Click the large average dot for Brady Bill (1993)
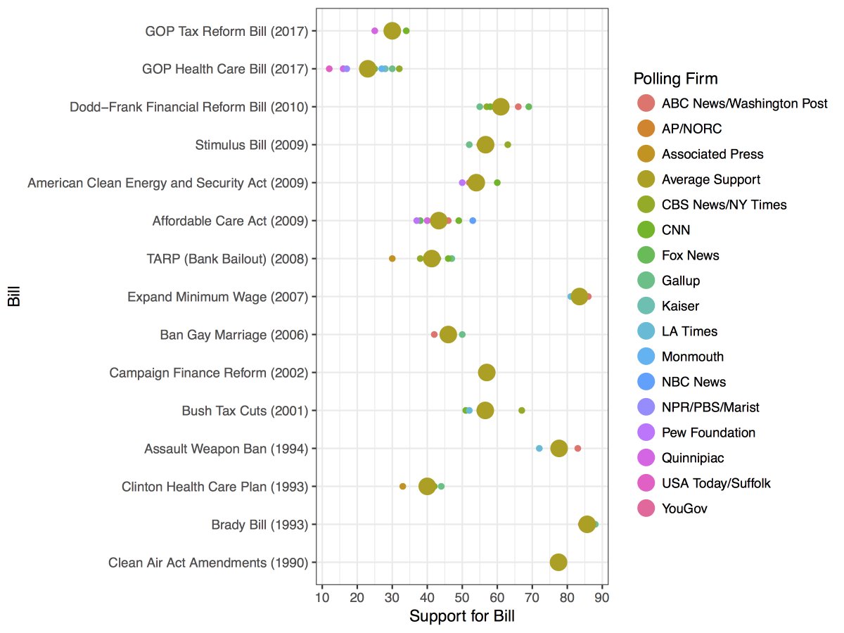click(587, 524)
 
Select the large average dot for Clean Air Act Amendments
click(558, 562)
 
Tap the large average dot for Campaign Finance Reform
click(487, 372)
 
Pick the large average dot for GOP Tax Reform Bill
click(392, 30)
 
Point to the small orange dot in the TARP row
click(392, 258)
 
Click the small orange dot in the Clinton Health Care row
click(403, 486)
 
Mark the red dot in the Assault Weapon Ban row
click(577, 448)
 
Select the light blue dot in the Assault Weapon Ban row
click(539, 448)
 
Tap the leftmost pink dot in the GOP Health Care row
click(329, 68)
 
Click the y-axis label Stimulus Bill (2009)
click(252, 145)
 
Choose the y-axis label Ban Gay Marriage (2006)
click(234, 335)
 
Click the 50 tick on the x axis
click(462, 599)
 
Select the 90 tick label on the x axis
click(601, 599)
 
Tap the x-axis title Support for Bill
click(461, 617)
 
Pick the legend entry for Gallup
click(680, 281)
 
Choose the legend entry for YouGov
click(684, 509)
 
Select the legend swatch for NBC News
click(645, 382)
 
